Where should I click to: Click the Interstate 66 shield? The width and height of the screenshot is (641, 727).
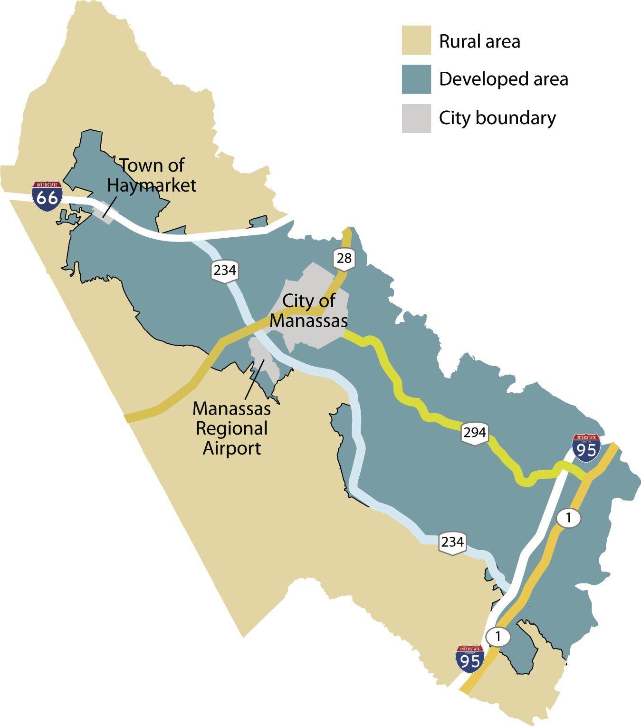click(x=47, y=196)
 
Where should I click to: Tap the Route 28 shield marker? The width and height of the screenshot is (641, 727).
click(x=344, y=259)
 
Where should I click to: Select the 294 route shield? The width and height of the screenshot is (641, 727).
click(x=475, y=433)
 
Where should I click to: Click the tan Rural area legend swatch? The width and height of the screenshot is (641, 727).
click(x=416, y=40)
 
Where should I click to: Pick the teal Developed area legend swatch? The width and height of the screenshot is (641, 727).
click(x=416, y=79)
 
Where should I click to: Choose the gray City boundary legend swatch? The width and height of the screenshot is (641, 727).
click(x=416, y=118)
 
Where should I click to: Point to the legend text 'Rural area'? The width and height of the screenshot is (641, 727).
click(x=479, y=41)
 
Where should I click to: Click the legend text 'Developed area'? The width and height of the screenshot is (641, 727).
click(x=503, y=79)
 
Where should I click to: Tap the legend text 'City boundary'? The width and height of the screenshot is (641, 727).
click(x=497, y=118)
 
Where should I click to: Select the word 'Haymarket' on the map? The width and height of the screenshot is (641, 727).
click(x=151, y=185)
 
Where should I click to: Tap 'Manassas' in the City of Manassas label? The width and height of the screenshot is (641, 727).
click(x=308, y=321)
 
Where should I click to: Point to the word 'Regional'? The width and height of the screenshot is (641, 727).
click(x=231, y=428)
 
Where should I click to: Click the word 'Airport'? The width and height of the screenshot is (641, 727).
click(x=231, y=448)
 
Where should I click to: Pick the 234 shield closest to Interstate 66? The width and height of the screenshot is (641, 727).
click(x=224, y=271)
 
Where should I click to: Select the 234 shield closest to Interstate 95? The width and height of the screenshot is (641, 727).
click(x=452, y=542)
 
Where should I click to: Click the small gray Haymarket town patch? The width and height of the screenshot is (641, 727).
click(x=104, y=213)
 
